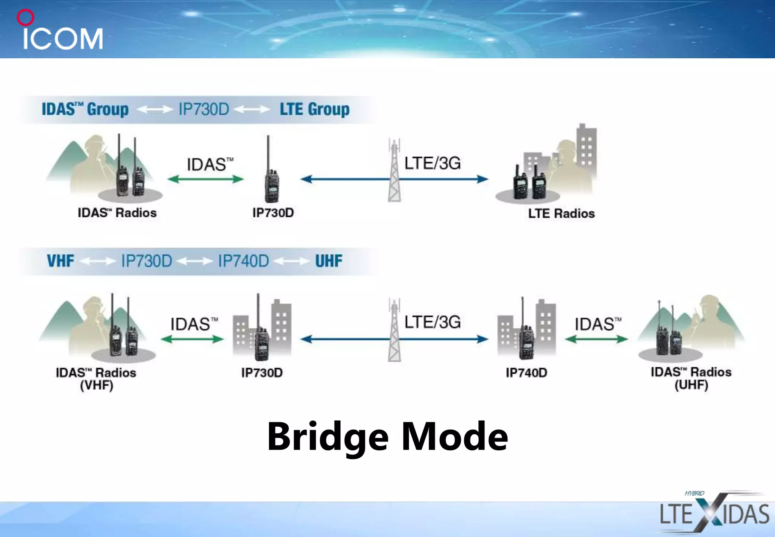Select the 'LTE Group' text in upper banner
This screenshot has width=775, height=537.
(314, 109)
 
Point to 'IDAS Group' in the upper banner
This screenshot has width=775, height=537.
(85, 109)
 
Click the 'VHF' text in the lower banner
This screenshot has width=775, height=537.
(61, 261)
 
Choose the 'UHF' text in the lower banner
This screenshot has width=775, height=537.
(328, 261)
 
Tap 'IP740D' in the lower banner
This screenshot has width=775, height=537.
(243, 261)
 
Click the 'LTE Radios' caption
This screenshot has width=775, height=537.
(561, 214)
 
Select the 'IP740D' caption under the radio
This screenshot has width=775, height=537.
(526, 373)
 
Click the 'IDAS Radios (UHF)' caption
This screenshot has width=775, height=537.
(691, 378)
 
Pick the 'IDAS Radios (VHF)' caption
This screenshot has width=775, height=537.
(96, 379)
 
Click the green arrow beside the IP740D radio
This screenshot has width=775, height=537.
(596, 339)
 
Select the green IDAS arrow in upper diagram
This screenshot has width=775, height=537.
(205, 179)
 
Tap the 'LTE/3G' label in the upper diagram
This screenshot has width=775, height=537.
(433, 163)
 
